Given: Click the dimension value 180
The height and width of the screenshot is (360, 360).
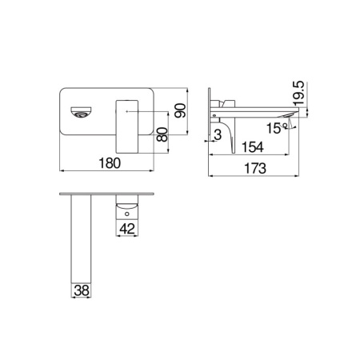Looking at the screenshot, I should coord(110,163).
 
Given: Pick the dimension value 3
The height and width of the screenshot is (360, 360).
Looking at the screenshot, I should coord(218,136).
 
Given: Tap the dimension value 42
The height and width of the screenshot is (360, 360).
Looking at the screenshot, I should coord(126,229).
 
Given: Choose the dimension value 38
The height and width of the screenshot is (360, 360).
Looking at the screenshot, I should coord(81,291).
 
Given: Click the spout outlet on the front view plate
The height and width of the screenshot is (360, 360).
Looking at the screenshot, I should coord(80,113).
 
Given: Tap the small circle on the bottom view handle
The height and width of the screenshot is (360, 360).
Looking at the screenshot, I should coord(126,214).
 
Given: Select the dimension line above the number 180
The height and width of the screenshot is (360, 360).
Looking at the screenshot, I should coord(109,170).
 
